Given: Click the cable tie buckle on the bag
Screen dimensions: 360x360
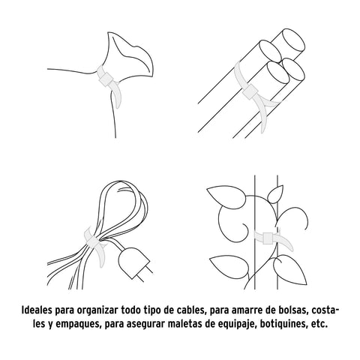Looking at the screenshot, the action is (x=106, y=79).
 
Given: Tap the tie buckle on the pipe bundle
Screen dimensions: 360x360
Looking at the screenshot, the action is (x=250, y=92).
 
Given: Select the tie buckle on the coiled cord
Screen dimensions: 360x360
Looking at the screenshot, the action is (x=92, y=241).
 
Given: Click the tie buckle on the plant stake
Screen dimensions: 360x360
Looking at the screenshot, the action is (x=268, y=238).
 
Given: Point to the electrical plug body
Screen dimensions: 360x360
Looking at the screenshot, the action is (x=132, y=262).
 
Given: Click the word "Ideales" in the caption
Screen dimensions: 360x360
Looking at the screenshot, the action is (x=37, y=310).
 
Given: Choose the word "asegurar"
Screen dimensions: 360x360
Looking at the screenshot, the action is (x=145, y=325).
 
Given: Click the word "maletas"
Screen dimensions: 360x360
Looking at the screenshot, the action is (x=184, y=324).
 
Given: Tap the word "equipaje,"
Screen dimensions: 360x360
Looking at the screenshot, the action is (x=236, y=325).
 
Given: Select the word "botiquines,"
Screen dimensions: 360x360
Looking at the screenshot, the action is (x=283, y=325).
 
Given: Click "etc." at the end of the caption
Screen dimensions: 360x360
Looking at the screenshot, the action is (x=319, y=324).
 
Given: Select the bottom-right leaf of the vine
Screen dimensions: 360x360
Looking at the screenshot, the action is (x=290, y=270).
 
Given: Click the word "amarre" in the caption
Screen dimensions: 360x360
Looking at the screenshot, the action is (x=243, y=310).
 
